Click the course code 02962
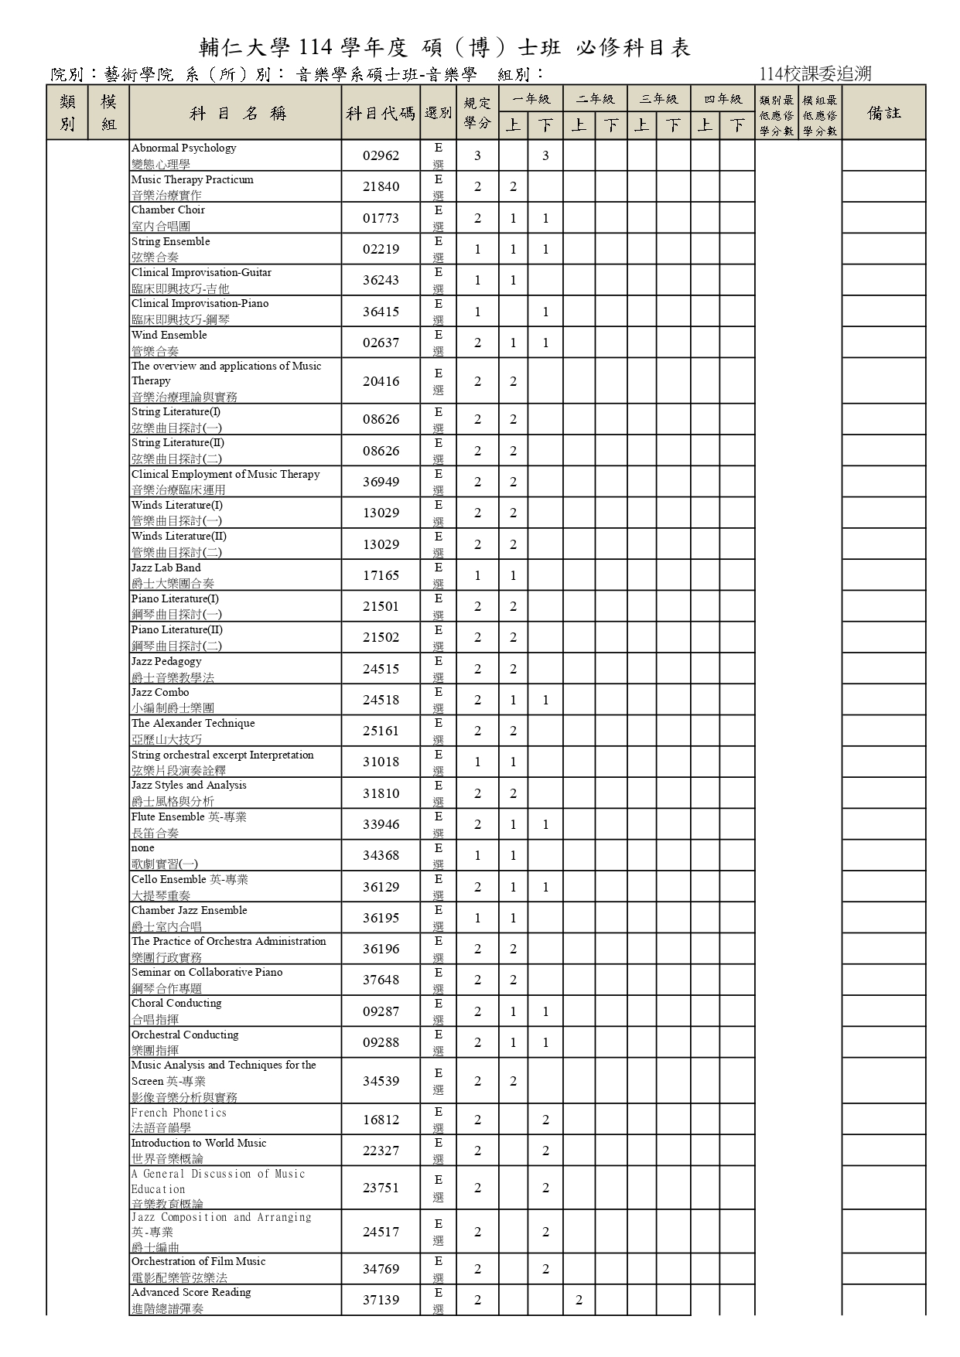tap(381, 155)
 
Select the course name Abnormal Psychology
tap(184, 148)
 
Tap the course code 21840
tap(381, 186)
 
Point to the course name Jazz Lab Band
tap(166, 568)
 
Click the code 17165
tap(381, 575)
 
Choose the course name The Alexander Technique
tap(193, 723)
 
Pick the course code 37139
tap(381, 1300)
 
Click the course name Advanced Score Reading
tap(191, 1292)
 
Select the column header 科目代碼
tap(381, 113)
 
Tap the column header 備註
tap(883, 113)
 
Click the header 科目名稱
tap(236, 113)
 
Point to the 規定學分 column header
tap(477, 113)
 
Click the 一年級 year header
tap(531, 99)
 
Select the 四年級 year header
tap(723, 99)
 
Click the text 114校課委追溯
tap(815, 73)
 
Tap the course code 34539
tap(381, 1081)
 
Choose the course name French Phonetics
tap(179, 1113)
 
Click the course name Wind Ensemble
tap(169, 335)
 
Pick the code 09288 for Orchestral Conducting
tap(381, 1042)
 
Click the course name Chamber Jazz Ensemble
tap(190, 910)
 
